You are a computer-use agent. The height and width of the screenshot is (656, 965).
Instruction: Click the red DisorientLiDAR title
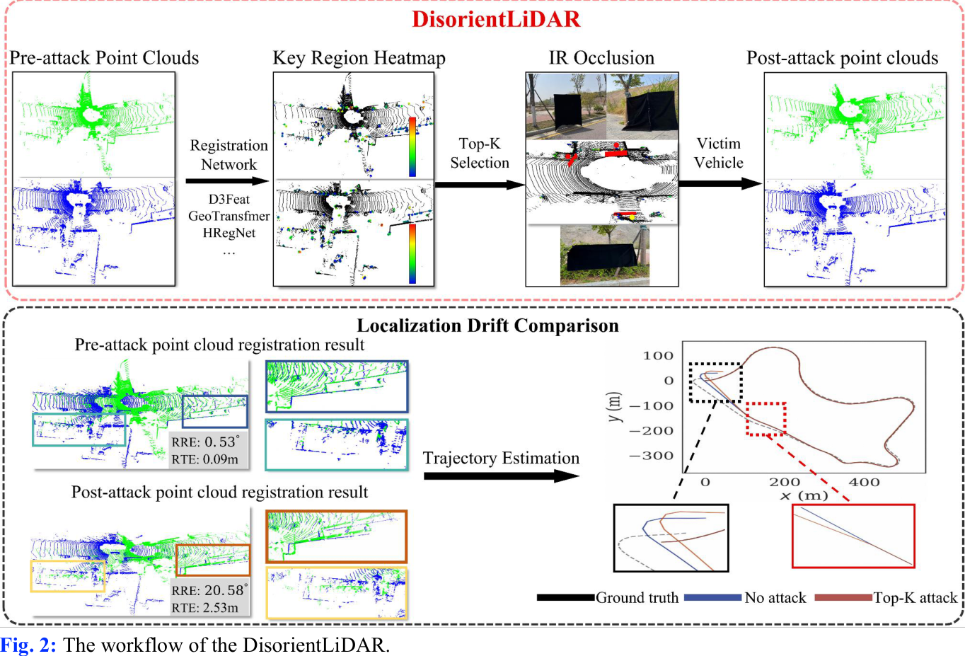click(496, 19)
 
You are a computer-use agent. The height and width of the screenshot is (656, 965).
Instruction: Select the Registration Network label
click(229, 155)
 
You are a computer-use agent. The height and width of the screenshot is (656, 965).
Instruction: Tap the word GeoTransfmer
click(229, 216)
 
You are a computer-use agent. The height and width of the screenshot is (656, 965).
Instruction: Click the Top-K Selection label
click(479, 154)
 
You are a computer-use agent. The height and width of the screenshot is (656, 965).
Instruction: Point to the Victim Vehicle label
click(718, 154)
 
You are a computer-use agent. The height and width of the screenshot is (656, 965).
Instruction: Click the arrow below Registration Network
click(227, 181)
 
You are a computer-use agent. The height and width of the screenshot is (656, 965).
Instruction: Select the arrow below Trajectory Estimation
click(501, 476)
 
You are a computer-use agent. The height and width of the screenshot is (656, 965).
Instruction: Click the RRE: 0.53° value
click(205, 442)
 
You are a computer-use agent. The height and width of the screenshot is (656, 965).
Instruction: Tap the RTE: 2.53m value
click(205, 607)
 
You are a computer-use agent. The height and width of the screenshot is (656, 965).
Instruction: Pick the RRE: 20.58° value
click(209, 590)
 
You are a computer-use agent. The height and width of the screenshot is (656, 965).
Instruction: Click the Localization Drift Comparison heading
click(487, 326)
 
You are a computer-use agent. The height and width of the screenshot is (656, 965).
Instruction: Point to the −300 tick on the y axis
click(652, 456)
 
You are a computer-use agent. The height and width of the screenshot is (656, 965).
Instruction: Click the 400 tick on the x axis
click(864, 482)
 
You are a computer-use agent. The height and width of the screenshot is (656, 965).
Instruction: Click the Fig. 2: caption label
click(28, 645)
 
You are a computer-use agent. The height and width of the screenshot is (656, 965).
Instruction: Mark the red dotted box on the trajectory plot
click(766, 419)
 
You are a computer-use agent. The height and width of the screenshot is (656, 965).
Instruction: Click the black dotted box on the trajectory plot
click(715, 383)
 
